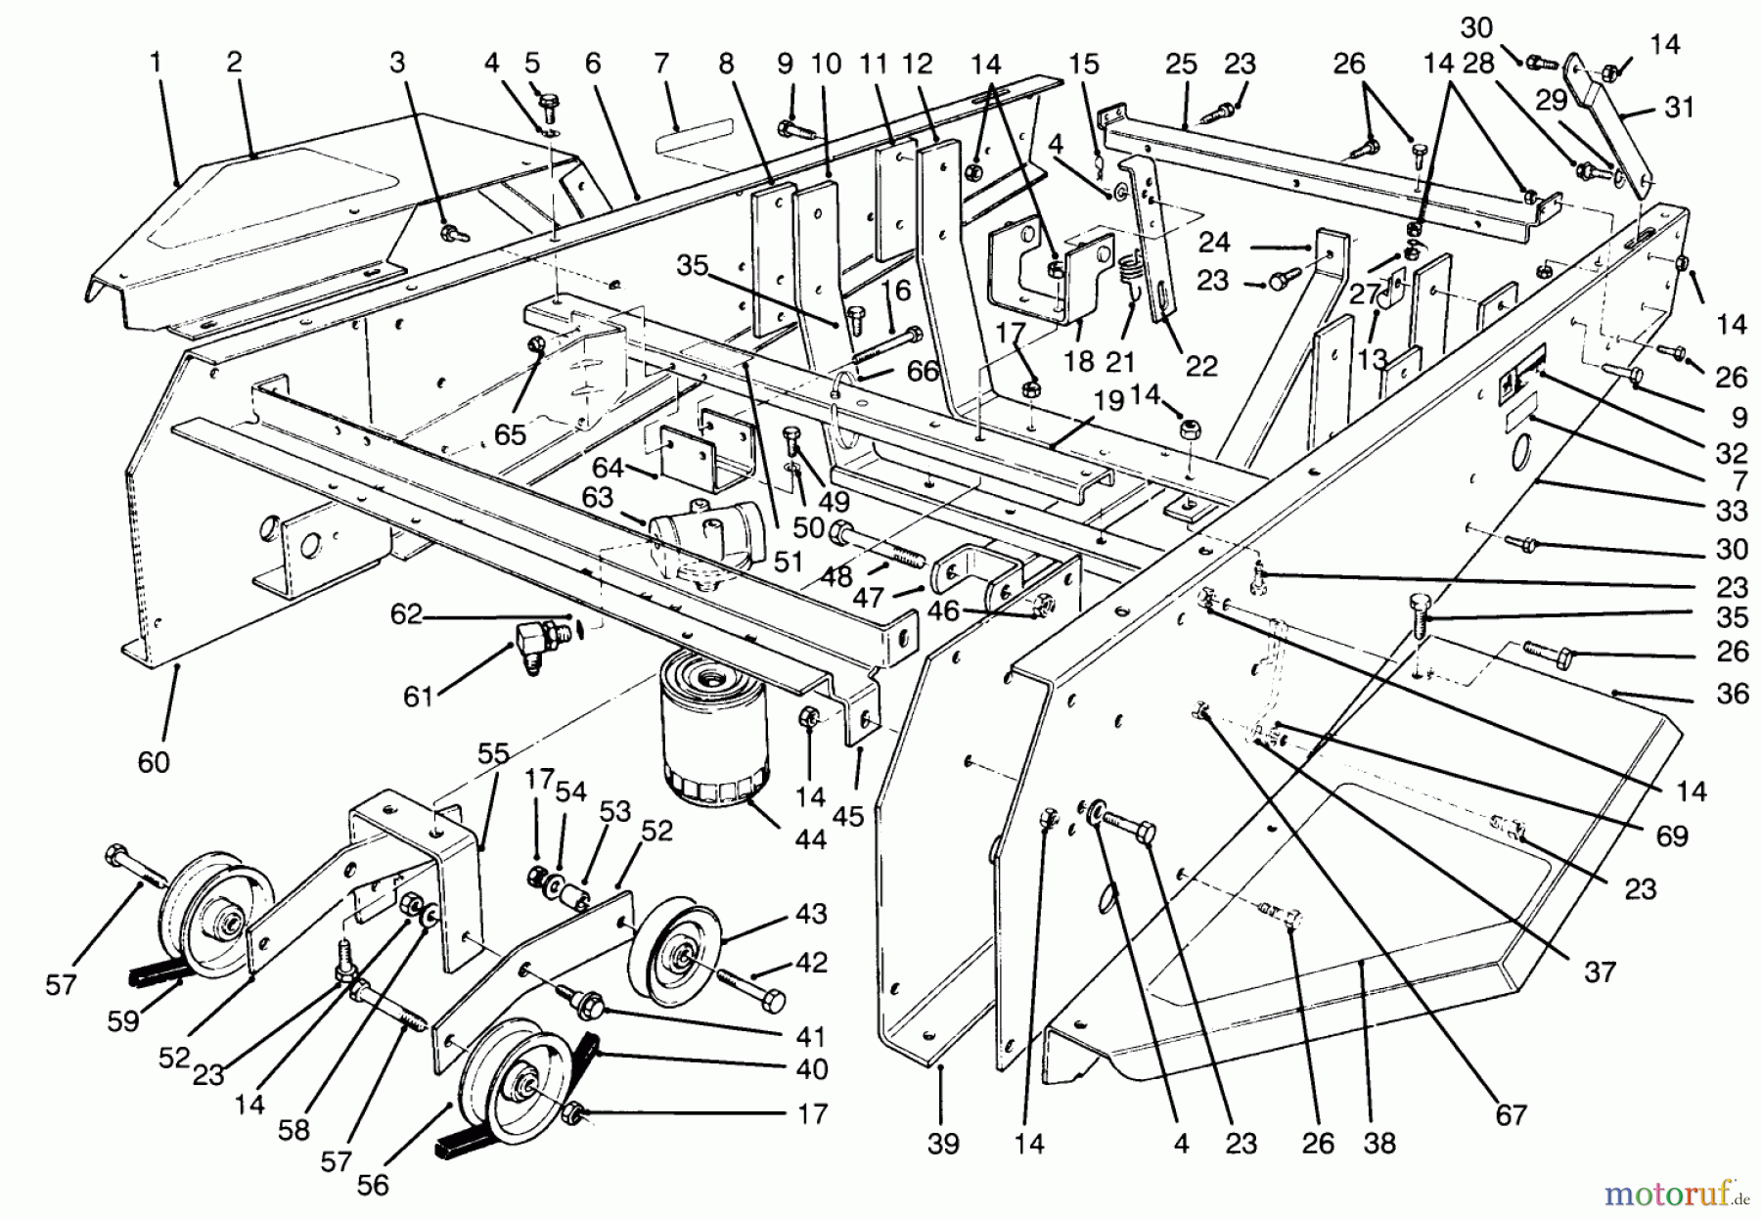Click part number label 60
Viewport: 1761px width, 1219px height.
[154, 761]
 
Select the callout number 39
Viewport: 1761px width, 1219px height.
[943, 1143]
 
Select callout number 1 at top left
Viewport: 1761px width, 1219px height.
[155, 63]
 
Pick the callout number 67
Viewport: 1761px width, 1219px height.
[1512, 1114]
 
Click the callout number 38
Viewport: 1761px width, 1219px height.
[1379, 1143]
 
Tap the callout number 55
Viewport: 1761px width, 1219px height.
[494, 752]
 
